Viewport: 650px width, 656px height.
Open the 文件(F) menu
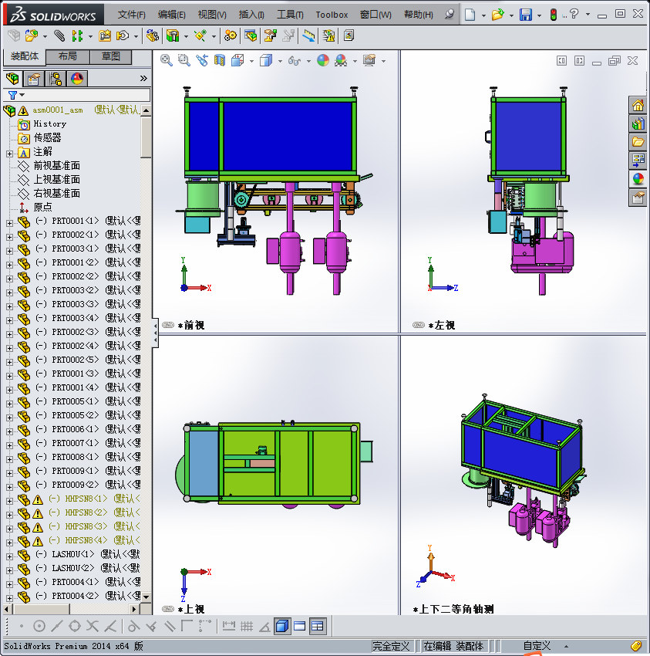pos(131,15)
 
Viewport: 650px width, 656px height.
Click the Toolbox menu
pos(332,15)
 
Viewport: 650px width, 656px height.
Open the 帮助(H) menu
pos(418,15)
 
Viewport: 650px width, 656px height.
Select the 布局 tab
pos(68,56)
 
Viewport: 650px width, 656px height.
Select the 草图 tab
pos(111,56)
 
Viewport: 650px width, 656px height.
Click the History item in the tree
pos(49,124)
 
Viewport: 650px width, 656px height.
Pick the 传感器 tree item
pos(47,138)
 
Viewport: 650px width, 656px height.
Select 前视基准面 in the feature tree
pos(56,166)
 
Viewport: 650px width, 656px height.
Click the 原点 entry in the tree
pos(42,207)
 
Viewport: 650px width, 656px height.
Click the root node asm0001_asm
pos(57,110)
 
